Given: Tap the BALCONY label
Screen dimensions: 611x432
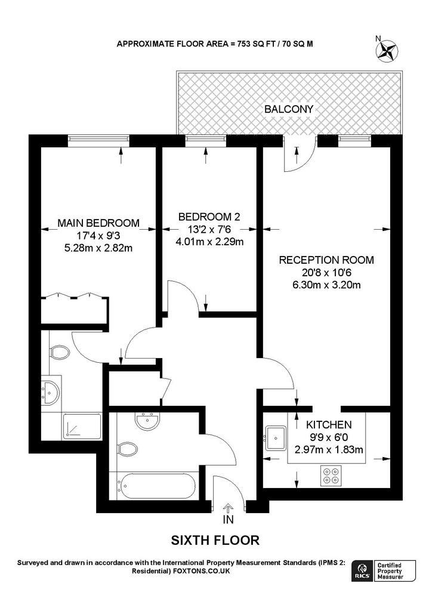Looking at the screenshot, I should [x=289, y=109].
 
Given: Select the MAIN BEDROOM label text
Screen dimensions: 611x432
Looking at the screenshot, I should [x=98, y=223].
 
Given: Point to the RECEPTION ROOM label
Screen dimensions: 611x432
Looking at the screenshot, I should [x=326, y=260].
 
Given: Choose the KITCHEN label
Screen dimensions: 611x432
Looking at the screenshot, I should [x=328, y=425].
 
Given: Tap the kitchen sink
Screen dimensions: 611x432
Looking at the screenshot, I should [x=276, y=438].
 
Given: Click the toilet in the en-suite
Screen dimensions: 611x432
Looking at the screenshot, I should [x=59, y=353].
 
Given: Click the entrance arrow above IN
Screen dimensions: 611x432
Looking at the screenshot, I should [x=228, y=508].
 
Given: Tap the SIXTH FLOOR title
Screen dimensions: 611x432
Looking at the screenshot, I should [x=215, y=541].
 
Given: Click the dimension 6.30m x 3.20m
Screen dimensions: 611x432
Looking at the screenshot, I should [x=326, y=285].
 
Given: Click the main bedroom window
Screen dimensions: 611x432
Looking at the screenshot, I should [x=98, y=141].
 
